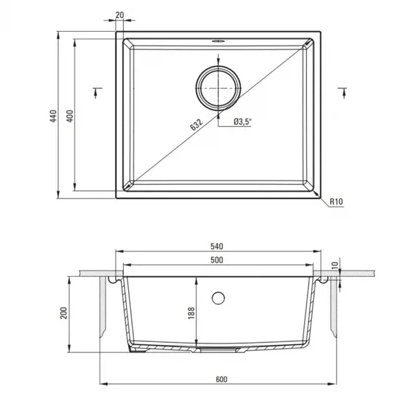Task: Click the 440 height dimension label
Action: tap(53, 116)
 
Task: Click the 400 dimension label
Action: tap(70, 116)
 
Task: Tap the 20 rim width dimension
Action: tap(119, 15)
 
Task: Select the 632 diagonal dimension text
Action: tap(196, 125)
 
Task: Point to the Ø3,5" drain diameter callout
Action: tap(242, 122)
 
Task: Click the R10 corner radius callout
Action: tap(337, 202)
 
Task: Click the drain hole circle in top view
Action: tap(218, 88)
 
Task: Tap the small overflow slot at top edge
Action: tap(218, 41)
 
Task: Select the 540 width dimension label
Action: tap(217, 246)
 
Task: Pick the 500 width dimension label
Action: tap(217, 260)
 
